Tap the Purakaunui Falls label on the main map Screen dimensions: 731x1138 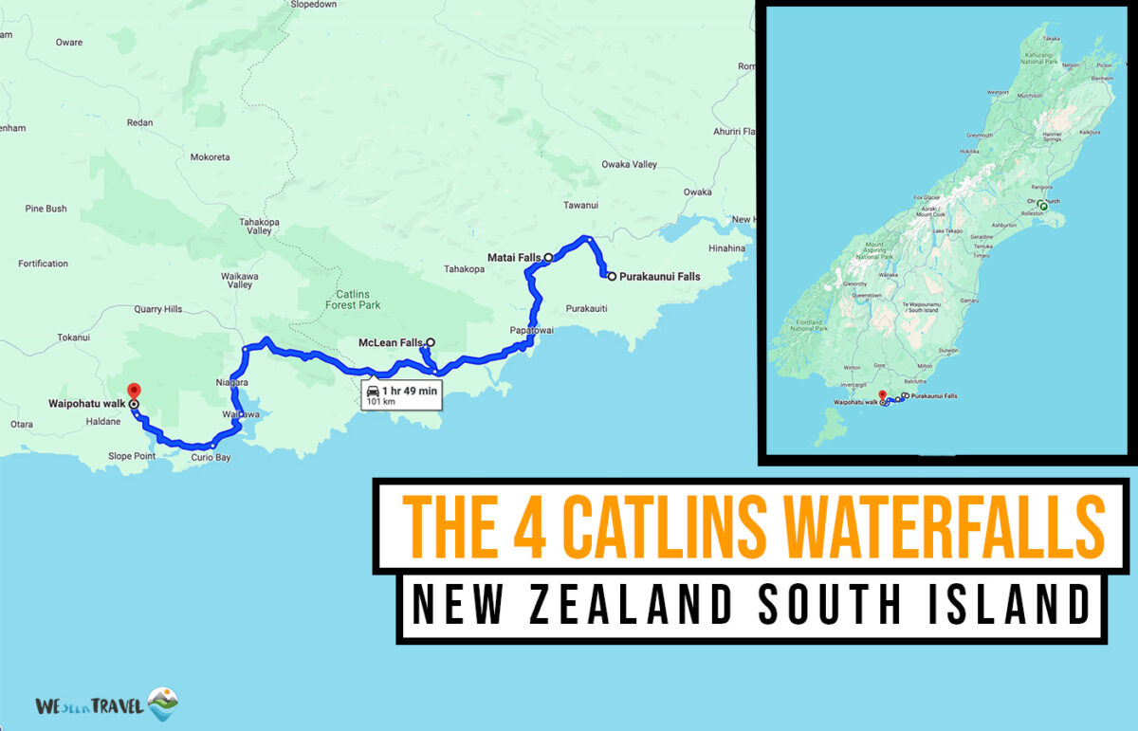[660, 277]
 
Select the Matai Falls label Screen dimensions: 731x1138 [513, 257]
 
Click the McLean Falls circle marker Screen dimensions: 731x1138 [431, 342]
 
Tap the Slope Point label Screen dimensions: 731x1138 [133, 456]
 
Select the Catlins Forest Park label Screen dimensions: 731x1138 [352, 300]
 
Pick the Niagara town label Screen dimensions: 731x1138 [232, 382]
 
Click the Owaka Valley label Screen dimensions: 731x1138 [629, 165]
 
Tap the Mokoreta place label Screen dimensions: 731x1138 [210, 157]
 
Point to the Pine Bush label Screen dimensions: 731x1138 [46, 209]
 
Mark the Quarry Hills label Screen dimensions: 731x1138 [157, 308]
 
